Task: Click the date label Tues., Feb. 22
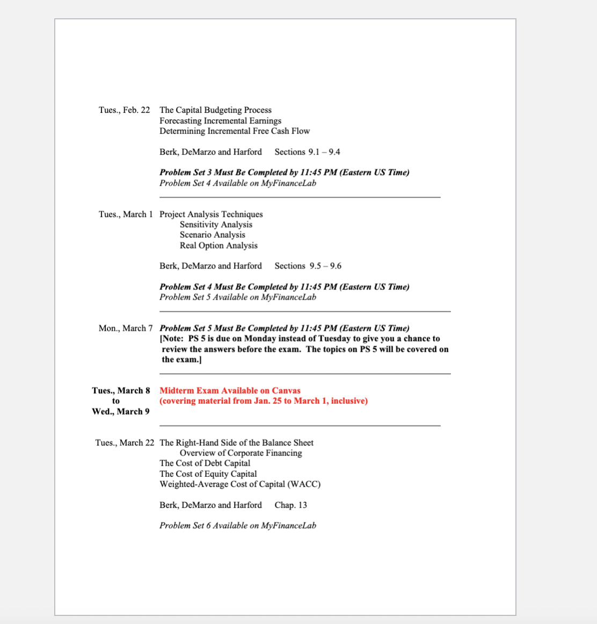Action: [124, 110]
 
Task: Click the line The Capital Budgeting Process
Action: [215, 110]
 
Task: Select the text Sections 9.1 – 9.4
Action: [307, 152]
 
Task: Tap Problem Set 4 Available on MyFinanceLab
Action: [237, 183]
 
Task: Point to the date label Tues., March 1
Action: [126, 214]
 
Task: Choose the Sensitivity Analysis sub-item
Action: [216, 224]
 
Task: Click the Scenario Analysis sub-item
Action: [212, 235]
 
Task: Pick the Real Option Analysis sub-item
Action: [219, 245]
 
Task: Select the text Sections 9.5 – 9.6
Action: [308, 266]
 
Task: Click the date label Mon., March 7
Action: [126, 328]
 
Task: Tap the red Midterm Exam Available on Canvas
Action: [230, 390]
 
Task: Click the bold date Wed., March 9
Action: [121, 411]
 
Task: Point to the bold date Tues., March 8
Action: [121, 390]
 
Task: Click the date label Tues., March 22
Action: [125, 442]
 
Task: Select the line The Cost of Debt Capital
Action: [205, 463]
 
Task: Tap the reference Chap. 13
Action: [290, 505]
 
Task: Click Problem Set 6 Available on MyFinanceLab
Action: [237, 525]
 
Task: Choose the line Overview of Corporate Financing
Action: [241, 453]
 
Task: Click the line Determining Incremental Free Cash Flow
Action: [234, 131]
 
